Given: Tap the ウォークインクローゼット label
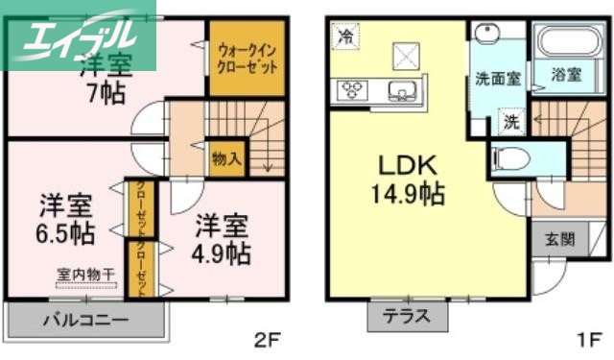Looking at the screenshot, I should (x=248, y=58).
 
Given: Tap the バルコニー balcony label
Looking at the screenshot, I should (x=86, y=318).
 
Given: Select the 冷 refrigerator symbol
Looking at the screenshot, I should (x=343, y=38).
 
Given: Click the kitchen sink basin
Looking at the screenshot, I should (x=400, y=92).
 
